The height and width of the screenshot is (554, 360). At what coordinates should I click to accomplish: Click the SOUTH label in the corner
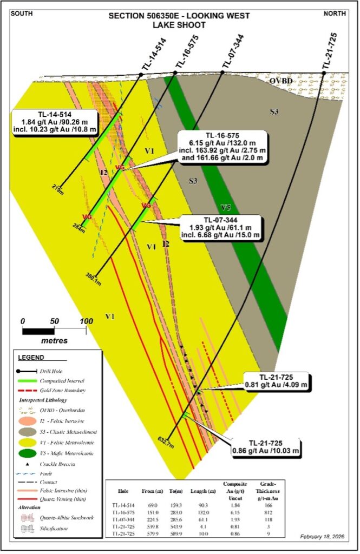[x=21, y=12]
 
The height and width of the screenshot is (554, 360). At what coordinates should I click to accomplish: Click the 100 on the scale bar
[x=86, y=321]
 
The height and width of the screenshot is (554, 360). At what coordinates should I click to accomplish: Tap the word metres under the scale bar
[x=54, y=341]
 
